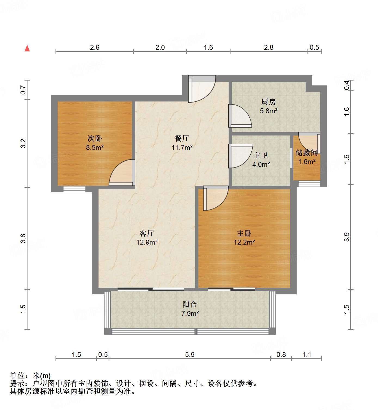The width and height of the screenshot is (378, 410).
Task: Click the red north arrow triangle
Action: [27, 48]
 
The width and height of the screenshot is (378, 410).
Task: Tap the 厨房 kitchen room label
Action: [268, 102]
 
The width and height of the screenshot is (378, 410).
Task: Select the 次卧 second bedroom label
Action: [95, 138]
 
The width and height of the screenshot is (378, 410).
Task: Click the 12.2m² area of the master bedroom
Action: [244, 242]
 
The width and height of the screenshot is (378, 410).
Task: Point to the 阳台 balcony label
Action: [189, 304]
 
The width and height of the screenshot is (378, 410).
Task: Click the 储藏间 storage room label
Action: [307, 153]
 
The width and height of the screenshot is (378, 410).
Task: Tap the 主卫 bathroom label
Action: [261, 156]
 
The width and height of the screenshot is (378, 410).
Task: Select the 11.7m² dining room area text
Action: [182, 147]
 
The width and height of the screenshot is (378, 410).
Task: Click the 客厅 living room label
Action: [147, 233]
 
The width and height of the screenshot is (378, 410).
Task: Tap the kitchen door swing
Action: [239, 116]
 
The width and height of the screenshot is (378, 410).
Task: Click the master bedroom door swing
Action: [215, 198]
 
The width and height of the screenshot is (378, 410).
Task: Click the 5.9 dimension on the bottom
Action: [190, 354]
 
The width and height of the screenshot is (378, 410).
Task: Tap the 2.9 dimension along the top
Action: [95, 47]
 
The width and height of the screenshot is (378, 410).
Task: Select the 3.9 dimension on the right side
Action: [346, 237]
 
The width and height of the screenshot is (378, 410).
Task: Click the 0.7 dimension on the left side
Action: [23, 90]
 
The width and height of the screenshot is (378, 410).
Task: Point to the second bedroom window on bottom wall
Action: [74, 189]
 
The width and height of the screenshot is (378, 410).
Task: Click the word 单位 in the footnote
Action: [17, 376]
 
